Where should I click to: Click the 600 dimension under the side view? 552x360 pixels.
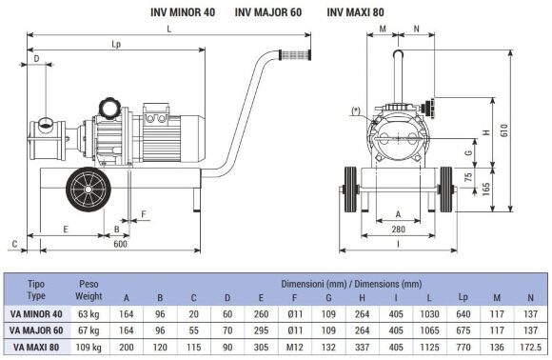(119, 244)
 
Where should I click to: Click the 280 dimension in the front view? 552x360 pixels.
(398, 229)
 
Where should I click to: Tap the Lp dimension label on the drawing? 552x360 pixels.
(115, 44)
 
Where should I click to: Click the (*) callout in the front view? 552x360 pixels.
(356, 110)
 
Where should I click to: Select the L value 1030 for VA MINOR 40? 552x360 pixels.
(430, 314)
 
